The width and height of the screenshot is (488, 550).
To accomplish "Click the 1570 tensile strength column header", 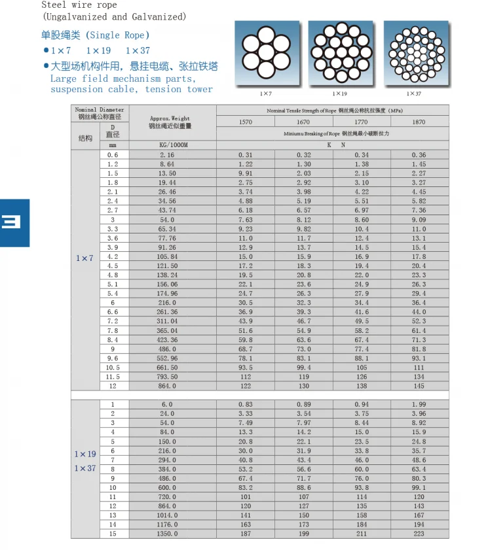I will click(245, 122).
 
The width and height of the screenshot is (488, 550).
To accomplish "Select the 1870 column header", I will click(419, 122).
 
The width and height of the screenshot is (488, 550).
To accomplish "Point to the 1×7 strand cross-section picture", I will click(265, 52).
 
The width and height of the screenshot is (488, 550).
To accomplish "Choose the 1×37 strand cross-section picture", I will click(415, 52).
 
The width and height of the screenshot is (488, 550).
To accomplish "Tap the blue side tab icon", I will click(14, 222).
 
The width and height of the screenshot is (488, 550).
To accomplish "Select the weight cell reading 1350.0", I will click(168, 534).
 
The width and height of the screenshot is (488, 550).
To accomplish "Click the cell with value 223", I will click(419, 534).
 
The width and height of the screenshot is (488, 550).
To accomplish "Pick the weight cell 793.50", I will click(168, 377).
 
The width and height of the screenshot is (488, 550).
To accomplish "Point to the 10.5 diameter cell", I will click(113, 368).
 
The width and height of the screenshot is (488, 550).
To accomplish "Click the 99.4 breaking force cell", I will click(304, 368).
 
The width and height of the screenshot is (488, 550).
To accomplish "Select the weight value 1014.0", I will click(168, 515).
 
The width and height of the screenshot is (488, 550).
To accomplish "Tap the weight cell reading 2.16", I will click(168, 155).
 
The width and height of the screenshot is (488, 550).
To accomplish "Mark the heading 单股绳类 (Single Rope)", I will click(96, 35).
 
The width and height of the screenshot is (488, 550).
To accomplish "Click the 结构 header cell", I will click(85, 138).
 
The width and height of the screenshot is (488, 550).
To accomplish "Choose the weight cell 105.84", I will click(168, 257).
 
